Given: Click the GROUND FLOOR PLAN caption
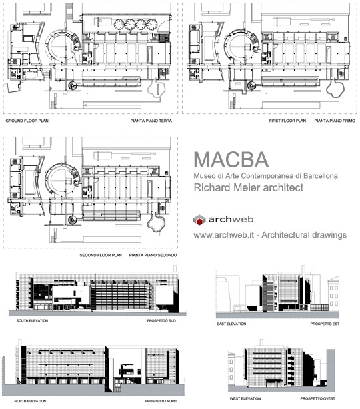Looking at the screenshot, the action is coord(27,121).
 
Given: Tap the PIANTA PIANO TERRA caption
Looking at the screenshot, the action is coord(151,121).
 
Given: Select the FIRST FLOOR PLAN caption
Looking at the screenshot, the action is coord(287,121).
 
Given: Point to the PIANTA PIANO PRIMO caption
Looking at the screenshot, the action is coord(335,121).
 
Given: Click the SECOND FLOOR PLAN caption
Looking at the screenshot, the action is coord(101,255).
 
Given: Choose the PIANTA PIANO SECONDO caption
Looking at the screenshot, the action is coord(153,255).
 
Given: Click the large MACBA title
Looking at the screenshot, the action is coord(231,159).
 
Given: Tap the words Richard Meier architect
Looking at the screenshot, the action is coord(249,187).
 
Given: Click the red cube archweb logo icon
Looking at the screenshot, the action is coord(199,220).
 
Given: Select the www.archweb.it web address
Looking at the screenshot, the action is coord(223,235).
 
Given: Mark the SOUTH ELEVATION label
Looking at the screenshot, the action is coord(32,320).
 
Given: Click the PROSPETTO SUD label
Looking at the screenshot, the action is coord(161,320).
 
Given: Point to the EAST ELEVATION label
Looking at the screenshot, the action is coord(231,324).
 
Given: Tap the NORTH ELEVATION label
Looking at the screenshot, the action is coord(30,401).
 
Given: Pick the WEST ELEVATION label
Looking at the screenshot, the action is coord(245,398).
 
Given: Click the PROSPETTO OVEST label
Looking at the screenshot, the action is coord(317,398).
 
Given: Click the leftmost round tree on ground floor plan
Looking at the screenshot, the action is coord(119,24).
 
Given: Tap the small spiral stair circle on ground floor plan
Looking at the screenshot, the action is coord(72,85).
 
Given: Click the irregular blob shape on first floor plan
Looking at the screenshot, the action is coord(335,89).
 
